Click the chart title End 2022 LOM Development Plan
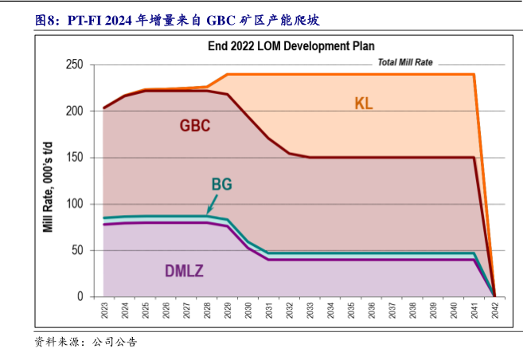[291, 46]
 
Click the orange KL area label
[364, 104]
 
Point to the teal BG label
[221, 185]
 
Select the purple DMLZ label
[184, 271]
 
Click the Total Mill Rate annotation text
[404, 62]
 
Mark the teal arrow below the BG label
[211, 206]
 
